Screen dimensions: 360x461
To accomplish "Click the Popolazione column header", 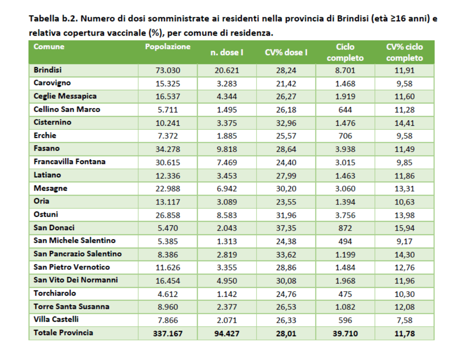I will tap(168, 47).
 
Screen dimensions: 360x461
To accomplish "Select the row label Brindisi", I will tap(48, 70).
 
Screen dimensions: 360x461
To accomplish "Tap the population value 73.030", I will tap(168, 70).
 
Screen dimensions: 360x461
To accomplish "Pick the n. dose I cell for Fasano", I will tap(227, 149).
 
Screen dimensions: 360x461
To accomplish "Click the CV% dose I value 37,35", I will tap(286, 228).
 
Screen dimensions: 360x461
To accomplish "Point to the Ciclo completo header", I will tap(345, 52).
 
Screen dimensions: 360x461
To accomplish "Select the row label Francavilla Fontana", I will tap(69, 162).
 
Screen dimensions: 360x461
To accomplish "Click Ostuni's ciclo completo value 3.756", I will tap(345, 215).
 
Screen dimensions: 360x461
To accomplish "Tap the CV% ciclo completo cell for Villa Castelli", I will tap(405, 320).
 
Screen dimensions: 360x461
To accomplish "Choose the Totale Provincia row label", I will tap(63, 332).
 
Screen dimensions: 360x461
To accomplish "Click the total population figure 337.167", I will tap(168, 333).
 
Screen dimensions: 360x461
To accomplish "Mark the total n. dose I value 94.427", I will tap(227, 333).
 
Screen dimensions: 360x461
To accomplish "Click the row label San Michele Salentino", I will tap(74, 240).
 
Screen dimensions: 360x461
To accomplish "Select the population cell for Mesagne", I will tap(168, 188).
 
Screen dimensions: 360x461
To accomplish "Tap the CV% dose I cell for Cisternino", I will tap(286, 123).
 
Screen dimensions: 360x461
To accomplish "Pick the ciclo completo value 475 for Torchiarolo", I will tap(345, 294).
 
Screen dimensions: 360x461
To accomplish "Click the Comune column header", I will tap(49, 47).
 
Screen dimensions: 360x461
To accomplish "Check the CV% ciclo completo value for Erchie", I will tap(405, 136).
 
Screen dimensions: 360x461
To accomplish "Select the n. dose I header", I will tap(227, 52).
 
